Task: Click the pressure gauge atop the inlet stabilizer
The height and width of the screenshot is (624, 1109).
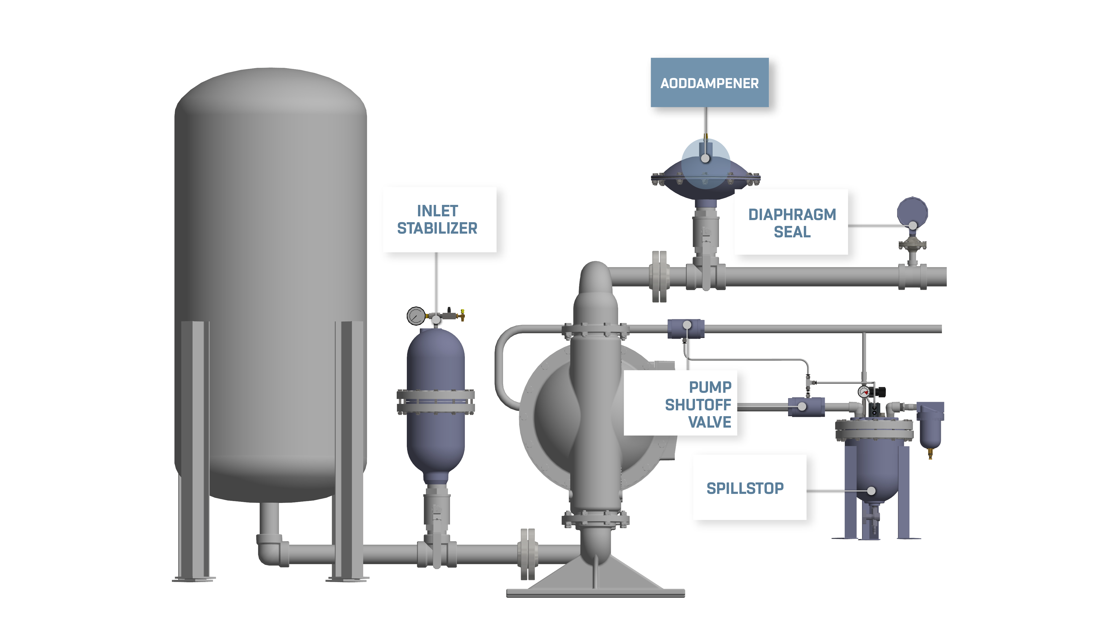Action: tap(415, 316)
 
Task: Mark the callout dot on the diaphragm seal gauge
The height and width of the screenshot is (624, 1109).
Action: tap(913, 225)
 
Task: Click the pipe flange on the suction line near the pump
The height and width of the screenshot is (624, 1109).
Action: tap(527, 553)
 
